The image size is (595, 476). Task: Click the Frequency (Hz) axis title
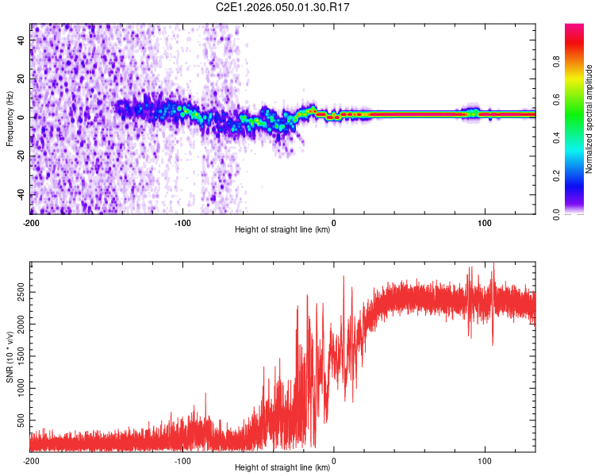[10, 119]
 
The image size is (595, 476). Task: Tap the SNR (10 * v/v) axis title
[10, 358]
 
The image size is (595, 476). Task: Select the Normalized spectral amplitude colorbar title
[589, 119]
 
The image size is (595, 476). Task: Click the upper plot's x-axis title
[282, 230]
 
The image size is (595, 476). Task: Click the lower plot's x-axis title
[282, 468]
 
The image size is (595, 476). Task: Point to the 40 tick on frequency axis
[21, 39]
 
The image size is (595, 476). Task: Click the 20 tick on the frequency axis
[21, 78]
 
